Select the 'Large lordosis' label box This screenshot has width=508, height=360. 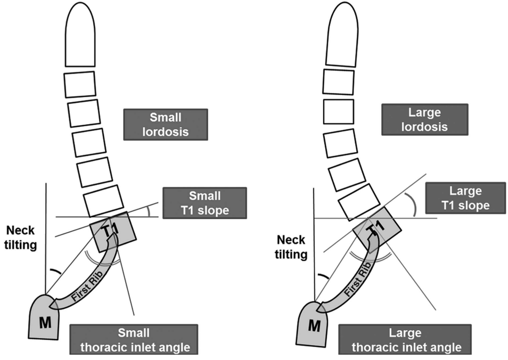[424, 119]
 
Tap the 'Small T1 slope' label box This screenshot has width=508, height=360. [205, 202]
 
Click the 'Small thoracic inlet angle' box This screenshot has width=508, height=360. [130, 340]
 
